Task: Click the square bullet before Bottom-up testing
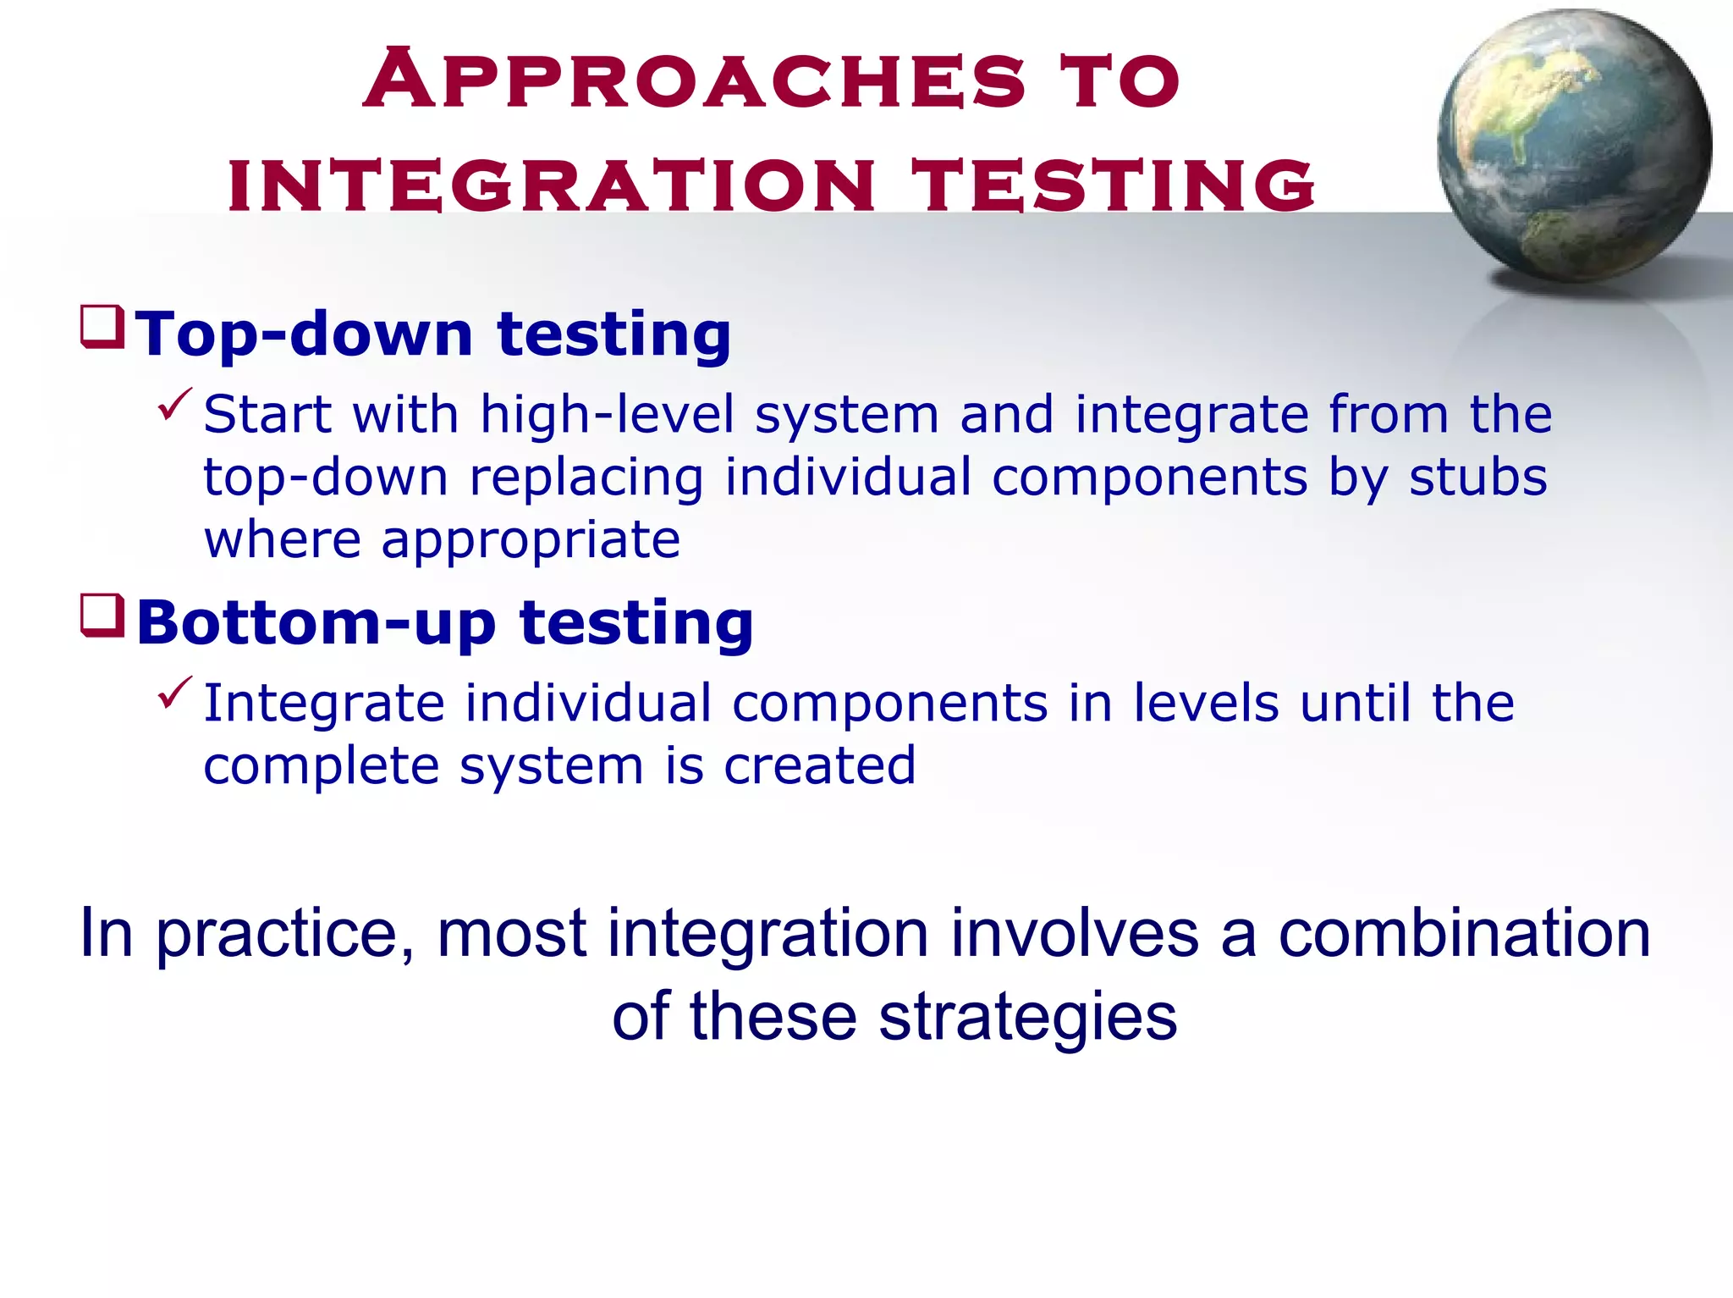[102, 616]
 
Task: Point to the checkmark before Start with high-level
[175, 404]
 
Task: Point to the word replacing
[586, 478]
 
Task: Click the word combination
[1464, 933]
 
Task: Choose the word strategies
[1027, 1017]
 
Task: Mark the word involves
[1074, 933]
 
